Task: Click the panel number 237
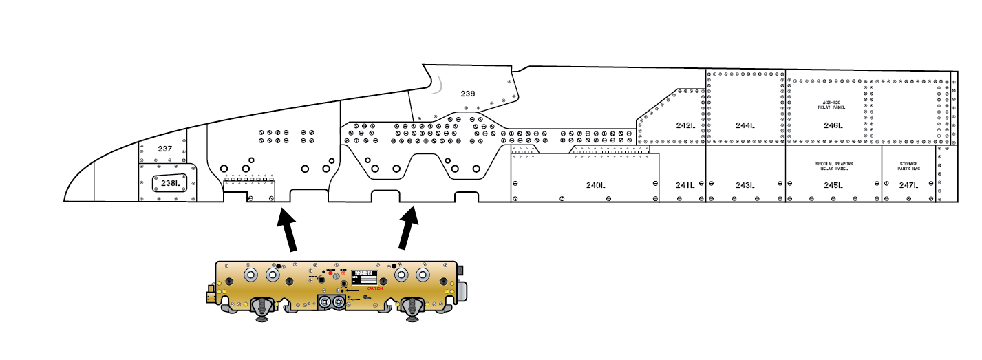(164, 149)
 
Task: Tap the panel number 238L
(170, 183)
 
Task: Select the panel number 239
(468, 93)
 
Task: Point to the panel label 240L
(595, 185)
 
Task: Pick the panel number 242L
(685, 125)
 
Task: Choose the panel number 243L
(745, 185)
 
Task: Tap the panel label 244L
(745, 125)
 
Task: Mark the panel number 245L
(833, 185)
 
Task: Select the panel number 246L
(833, 125)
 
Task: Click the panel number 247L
(908, 185)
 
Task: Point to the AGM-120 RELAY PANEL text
(833, 105)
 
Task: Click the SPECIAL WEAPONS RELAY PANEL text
(833, 166)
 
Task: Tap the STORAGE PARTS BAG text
(908, 166)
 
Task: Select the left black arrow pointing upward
(287, 230)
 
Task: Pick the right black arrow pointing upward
(409, 227)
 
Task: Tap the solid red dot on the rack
(330, 273)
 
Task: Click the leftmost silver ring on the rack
(251, 275)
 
